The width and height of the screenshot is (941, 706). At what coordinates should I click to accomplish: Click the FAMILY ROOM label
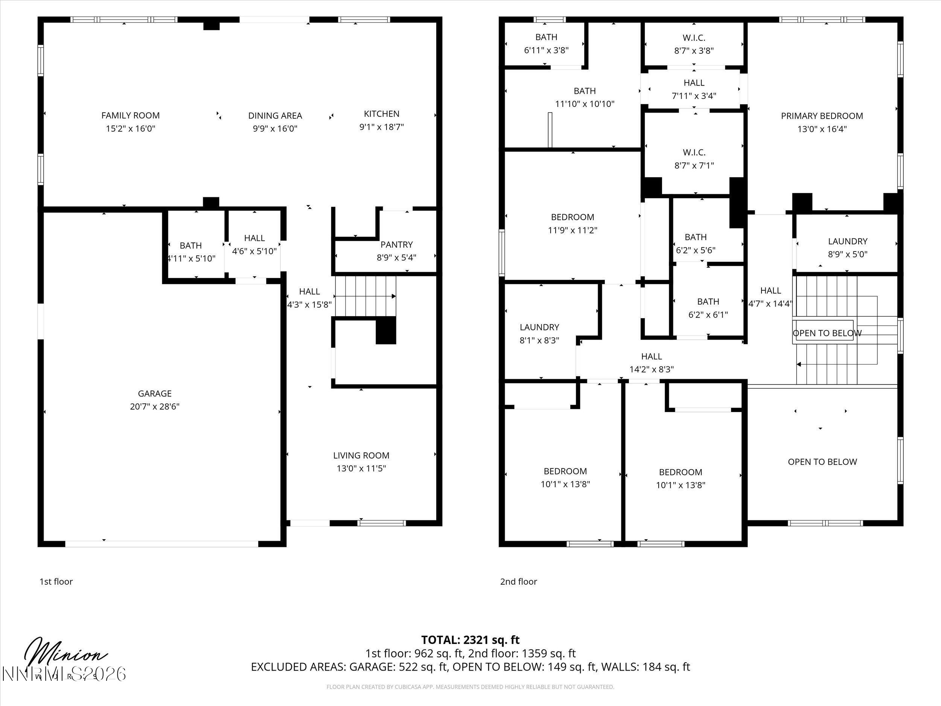click(x=130, y=115)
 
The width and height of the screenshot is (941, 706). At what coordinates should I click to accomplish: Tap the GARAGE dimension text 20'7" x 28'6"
click(x=154, y=406)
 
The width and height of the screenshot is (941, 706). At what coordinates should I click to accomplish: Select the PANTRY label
click(x=396, y=244)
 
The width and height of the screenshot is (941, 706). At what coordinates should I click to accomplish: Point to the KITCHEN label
click(x=381, y=114)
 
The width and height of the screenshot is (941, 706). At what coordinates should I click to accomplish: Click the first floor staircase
click(x=365, y=296)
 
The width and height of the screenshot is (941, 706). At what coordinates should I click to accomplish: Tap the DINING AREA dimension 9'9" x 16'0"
click(x=275, y=128)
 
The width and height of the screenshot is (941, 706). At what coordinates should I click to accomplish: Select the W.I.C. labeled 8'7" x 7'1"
click(x=694, y=158)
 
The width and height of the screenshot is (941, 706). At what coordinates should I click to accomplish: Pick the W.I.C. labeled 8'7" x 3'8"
click(x=694, y=44)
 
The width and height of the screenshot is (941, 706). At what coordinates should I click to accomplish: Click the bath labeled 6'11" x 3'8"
click(x=546, y=43)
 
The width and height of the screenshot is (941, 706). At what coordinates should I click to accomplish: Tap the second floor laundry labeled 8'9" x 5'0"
click(x=847, y=247)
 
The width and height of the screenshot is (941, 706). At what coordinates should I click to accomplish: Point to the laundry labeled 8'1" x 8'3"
click(x=539, y=333)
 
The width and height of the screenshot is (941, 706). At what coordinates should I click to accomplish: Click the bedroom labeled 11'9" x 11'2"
click(x=572, y=223)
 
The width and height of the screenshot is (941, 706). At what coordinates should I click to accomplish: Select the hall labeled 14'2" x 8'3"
click(x=651, y=363)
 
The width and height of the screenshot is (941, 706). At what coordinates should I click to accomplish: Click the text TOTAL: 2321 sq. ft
click(x=470, y=640)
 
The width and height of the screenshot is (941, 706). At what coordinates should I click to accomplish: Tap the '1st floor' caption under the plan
click(x=56, y=581)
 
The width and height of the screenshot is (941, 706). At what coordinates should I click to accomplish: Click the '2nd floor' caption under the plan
click(x=518, y=581)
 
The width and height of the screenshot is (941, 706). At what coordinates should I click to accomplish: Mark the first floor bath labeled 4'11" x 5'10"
click(x=190, y=252)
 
